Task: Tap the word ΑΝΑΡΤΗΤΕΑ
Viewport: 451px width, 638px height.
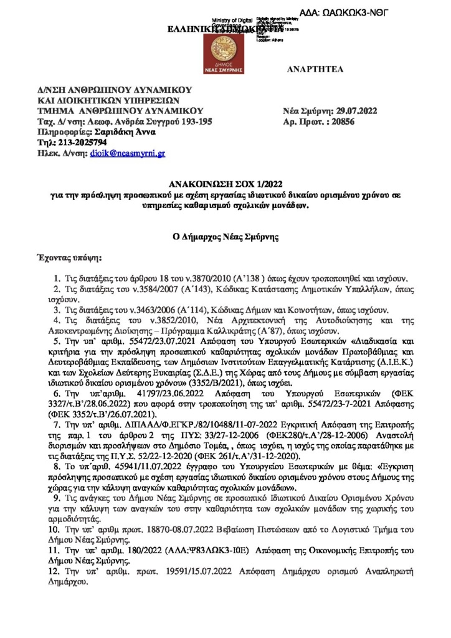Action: click(x=315, y=70)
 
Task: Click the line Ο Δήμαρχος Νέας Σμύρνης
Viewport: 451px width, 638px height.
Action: click(x=225, y=237)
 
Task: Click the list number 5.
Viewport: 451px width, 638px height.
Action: click(x=57, y=342)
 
